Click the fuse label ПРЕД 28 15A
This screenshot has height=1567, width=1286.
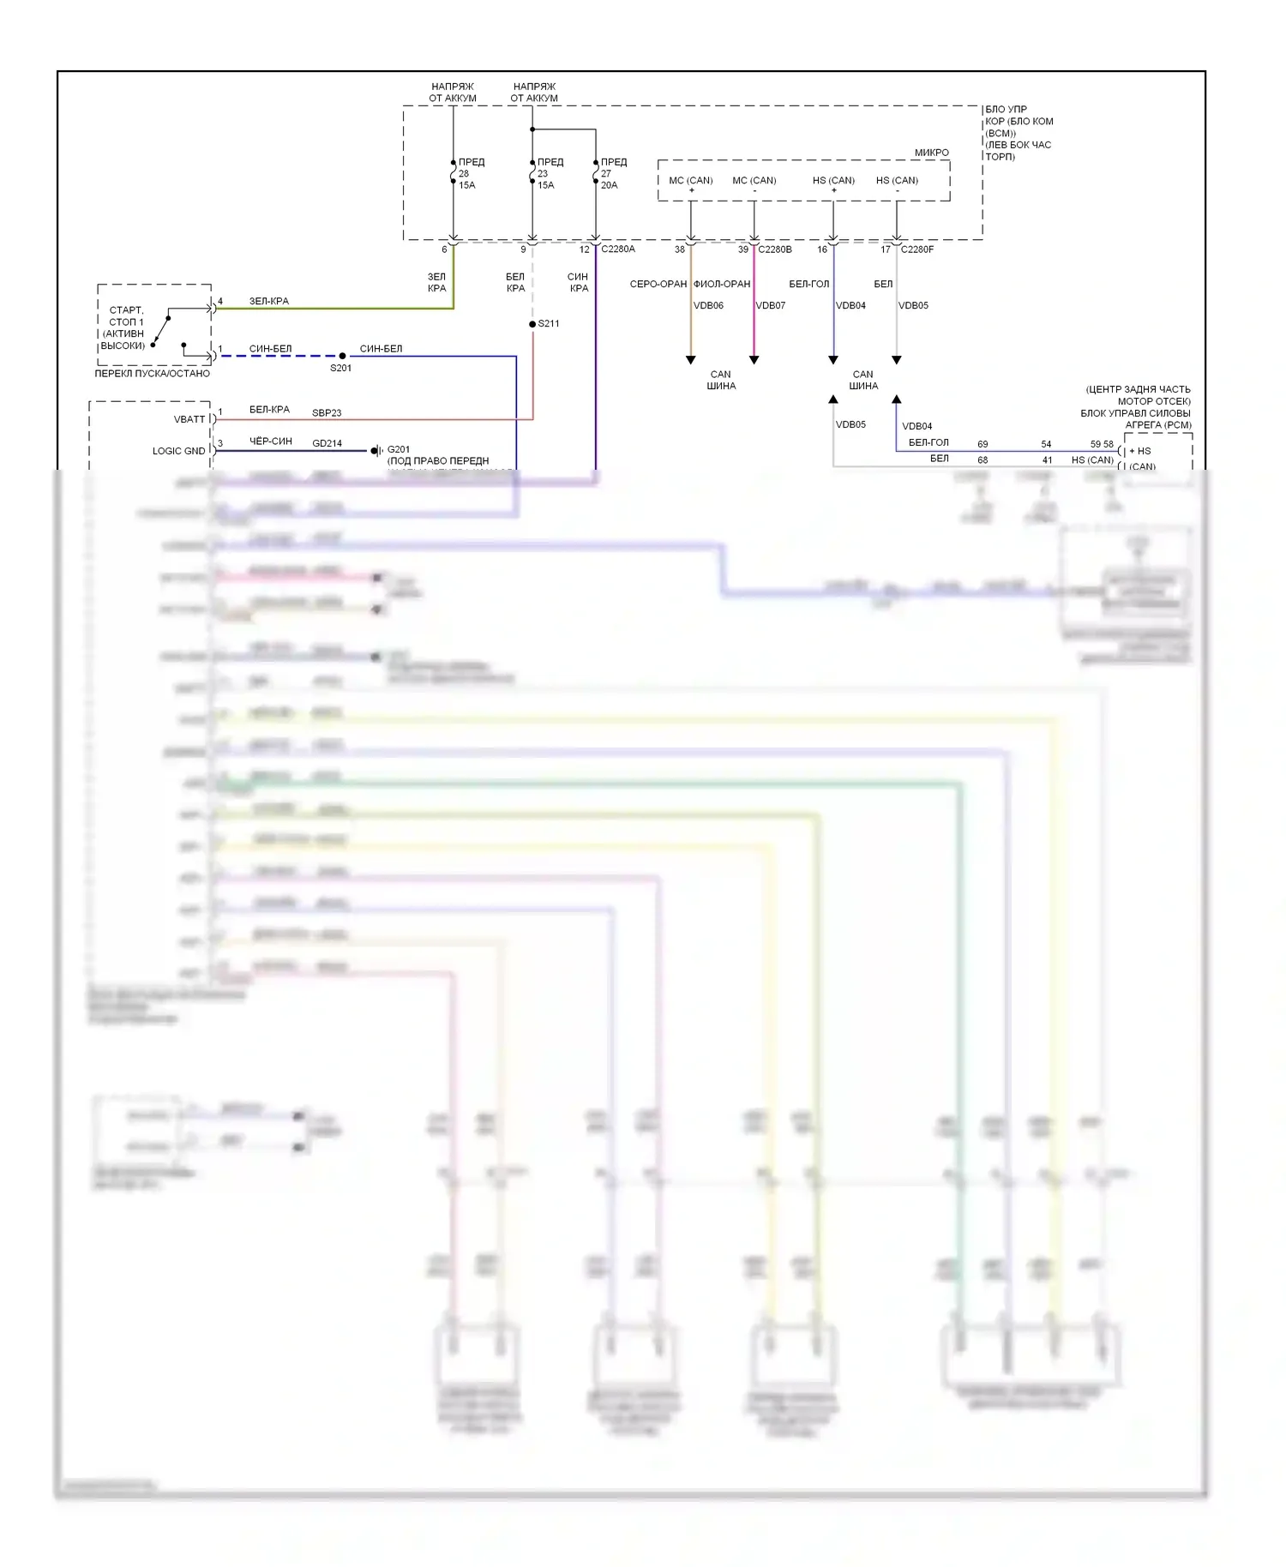(468, 173)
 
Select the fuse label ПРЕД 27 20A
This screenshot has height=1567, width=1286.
(612, 173)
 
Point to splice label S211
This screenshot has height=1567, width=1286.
(549, 323)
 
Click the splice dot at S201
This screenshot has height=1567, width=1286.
(342, 356)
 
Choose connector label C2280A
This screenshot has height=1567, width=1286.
(618, 249)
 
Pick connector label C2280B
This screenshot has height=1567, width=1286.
(775, 249)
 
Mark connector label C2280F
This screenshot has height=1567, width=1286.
(916, 249)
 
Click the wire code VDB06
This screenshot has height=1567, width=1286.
(708, 305)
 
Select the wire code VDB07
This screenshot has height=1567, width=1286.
(770, 305)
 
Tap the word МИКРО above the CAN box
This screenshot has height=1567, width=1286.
(931, 153)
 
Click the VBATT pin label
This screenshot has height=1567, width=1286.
(189, 419)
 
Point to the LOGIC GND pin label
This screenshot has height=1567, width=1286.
(178, 451)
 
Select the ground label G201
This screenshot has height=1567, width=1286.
(399, 449)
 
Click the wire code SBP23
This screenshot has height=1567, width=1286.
(327, 413)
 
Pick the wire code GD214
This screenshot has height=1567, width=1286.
(327, 444)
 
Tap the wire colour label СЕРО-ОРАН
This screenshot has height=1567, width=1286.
(658, 284)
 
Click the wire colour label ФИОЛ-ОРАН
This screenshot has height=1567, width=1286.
(722, 284)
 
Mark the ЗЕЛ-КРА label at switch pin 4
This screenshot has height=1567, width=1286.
(269, 301)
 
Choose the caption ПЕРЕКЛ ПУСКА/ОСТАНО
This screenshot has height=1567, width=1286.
(152, 374)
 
